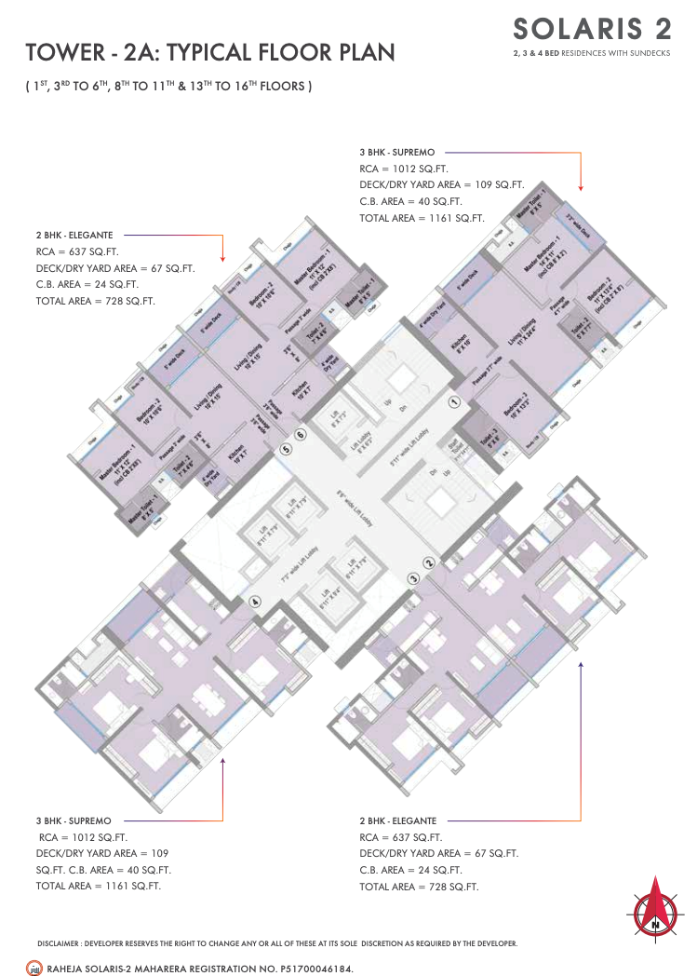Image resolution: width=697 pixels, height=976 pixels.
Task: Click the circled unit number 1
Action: coord(454,402)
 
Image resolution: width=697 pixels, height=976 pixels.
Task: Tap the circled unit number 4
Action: coord(254,601)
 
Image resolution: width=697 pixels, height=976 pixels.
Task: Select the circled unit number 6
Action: coord(301,434)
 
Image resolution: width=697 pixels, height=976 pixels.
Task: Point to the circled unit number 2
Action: coord(429,563)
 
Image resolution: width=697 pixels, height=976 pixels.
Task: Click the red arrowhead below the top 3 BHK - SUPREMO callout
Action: coord(581,186)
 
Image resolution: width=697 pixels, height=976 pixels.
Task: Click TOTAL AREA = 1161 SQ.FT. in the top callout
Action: coord(422,218)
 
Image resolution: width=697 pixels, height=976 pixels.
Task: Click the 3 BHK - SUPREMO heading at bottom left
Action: coord(74,821)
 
